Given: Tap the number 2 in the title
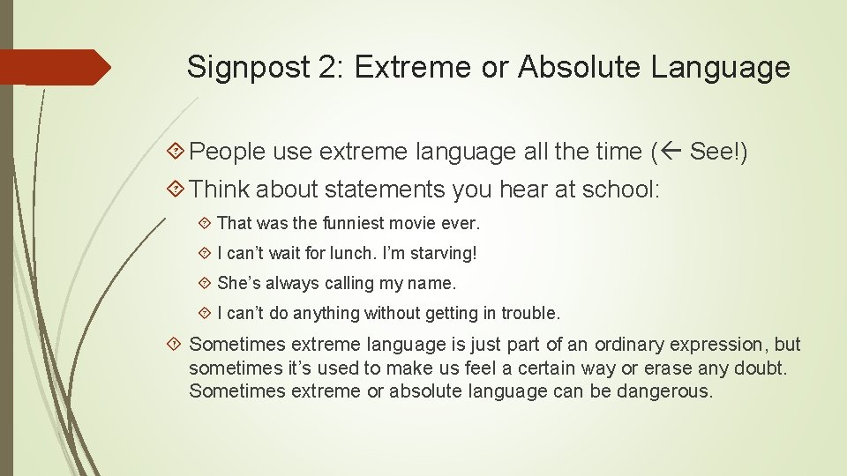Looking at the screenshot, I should pyautogui.click(x=327, y=67).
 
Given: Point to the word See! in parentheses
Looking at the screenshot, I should pyautogui.click(x=716, y=152).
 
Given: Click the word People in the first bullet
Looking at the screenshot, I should pyautogui.click(x=227, y=152).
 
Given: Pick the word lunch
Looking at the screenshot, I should pyautogui.click(x=331, y=254).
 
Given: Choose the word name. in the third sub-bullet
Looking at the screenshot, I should pyautogui.click(x=431, y=284).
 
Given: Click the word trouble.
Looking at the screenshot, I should pyautogui.click(x=530, y=313).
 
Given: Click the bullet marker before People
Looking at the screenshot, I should pyautogui.click(x=176, y=152).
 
